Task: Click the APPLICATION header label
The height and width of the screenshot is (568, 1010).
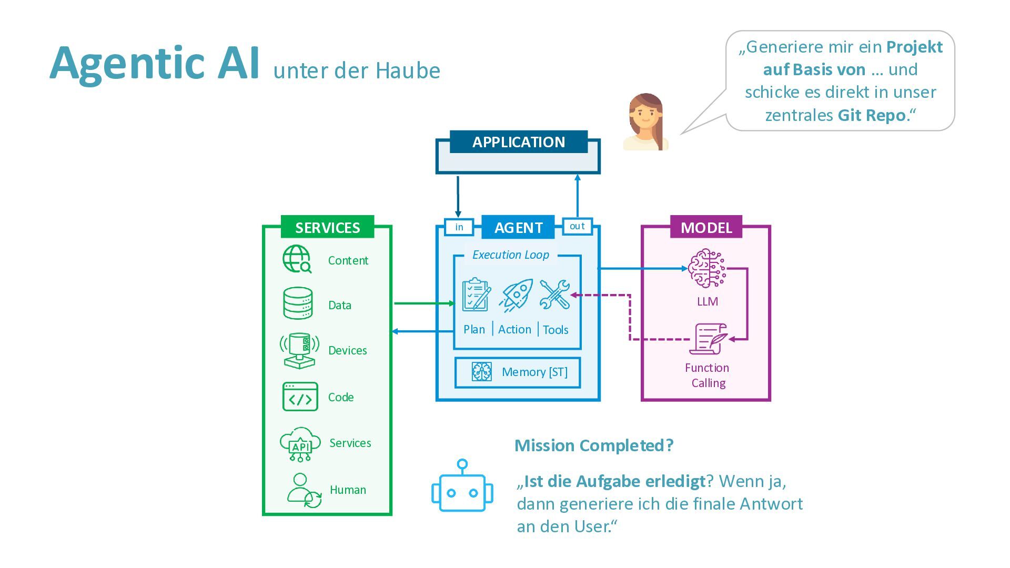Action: (x=518, y=142)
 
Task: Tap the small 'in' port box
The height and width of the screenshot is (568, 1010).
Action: (x=459, y=227)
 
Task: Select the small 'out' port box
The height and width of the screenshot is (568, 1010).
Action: (x=577, y=226)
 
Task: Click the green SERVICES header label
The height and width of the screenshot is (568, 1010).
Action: (x=327, y=227)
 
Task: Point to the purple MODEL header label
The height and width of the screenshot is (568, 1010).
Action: (x=706, y=227)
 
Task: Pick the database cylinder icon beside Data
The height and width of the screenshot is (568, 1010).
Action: (x=298, y=303)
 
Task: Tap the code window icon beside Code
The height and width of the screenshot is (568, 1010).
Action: (x=300, y=397)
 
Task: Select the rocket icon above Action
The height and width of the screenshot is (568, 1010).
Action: (x=516, y=295)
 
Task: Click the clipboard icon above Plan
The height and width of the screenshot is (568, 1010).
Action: (x=476, y=295)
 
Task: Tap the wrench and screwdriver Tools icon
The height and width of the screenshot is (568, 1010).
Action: (x=554, y=295)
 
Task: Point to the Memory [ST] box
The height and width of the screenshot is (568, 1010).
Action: (x=518, y=372)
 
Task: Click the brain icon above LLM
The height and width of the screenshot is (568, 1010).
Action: (x=706, y=269)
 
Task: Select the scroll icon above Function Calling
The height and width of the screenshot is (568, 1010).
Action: (x=709, y=339)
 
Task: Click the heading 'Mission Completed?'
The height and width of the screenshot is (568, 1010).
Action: (x=593, y=445)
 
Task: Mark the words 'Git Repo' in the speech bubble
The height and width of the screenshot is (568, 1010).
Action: (x=872, y=115)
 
